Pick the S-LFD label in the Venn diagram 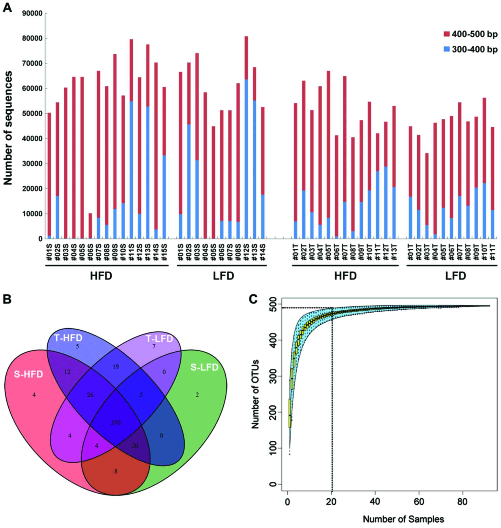(204, 367)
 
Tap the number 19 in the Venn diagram (116, 367)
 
